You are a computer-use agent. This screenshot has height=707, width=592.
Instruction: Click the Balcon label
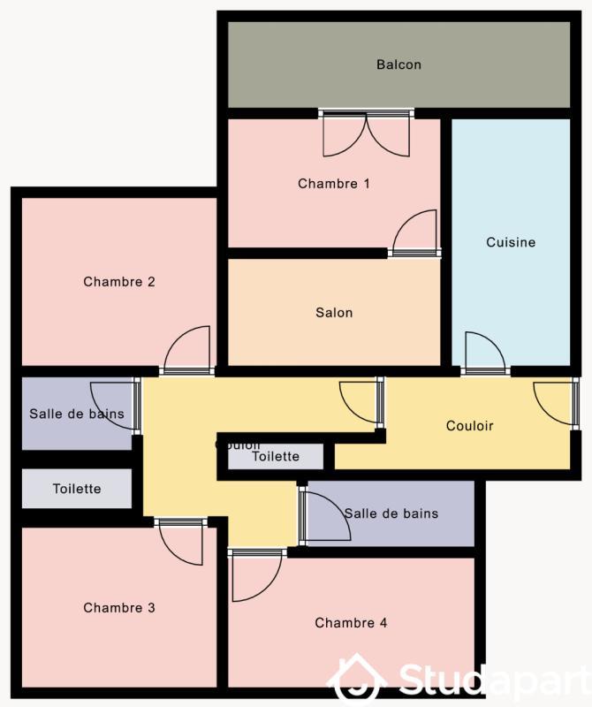[x=398, y=65]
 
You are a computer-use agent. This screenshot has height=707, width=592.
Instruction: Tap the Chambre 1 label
[x=333, y=184]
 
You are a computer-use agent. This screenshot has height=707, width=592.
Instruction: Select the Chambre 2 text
[x=119, y=282]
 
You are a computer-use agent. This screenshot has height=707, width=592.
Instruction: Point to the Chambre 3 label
[x=119, y=608]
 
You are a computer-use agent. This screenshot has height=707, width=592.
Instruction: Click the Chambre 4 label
[x=351, y=623]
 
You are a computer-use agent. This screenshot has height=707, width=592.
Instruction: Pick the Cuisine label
[x=511, y=242]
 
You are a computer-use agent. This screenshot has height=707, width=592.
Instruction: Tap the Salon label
[x=334, y=313]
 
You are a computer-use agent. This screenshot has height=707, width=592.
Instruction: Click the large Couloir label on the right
[x=470, y=426]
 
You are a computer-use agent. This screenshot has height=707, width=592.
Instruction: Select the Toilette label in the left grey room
[x=77, y=489]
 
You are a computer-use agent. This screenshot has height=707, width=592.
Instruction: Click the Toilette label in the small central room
[x=276, y=457]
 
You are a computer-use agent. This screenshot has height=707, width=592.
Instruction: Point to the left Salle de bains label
[x=77, y=414]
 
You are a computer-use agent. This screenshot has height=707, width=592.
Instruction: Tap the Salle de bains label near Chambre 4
[x=391, y=513]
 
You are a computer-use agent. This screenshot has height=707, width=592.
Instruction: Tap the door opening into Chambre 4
[x=254, y=575]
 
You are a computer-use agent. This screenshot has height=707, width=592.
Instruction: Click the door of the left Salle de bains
[x=115, y=405]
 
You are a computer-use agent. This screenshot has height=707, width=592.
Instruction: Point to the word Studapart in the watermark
[x=491, y=681]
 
